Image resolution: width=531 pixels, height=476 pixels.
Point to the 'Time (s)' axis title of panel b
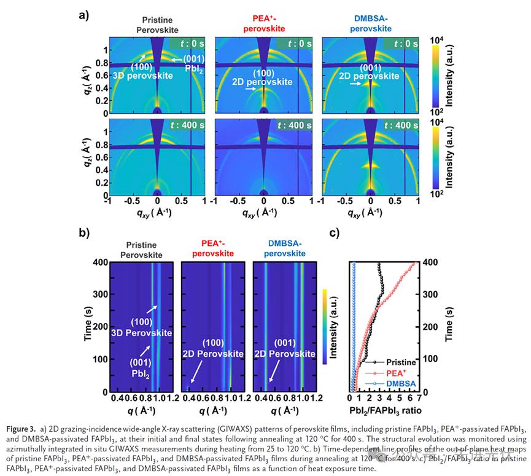87,327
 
